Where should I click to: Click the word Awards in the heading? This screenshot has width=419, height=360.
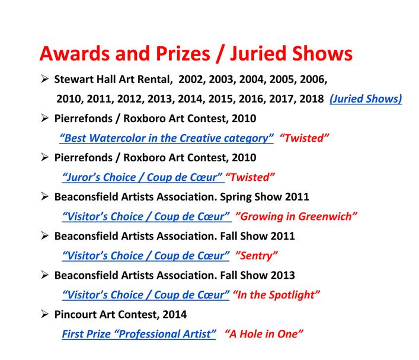click(x=75, y=53)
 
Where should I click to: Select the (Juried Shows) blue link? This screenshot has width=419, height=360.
click(x=366, y=99)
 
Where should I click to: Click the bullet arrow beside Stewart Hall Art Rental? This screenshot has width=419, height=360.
click(x=44, y=79)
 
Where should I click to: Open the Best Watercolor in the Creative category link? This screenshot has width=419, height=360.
click(x=167, y=138)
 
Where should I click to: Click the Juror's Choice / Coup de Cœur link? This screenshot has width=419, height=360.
click(x=143, y=177)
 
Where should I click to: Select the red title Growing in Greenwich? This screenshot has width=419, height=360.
click(x=296, y=216)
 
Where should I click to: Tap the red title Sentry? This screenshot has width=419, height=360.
click(x=256, y=256)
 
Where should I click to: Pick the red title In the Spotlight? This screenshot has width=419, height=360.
click(x=276, y=295)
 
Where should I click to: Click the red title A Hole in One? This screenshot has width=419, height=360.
click(x=264, y=334)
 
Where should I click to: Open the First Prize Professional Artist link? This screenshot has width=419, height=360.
click(x=139, y=334)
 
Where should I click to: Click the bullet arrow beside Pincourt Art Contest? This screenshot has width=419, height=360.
click(x=44, y=314)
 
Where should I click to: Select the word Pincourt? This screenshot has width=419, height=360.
click(x=75, y=314)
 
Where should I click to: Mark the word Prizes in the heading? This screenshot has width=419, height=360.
click(x=183, y=53)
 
